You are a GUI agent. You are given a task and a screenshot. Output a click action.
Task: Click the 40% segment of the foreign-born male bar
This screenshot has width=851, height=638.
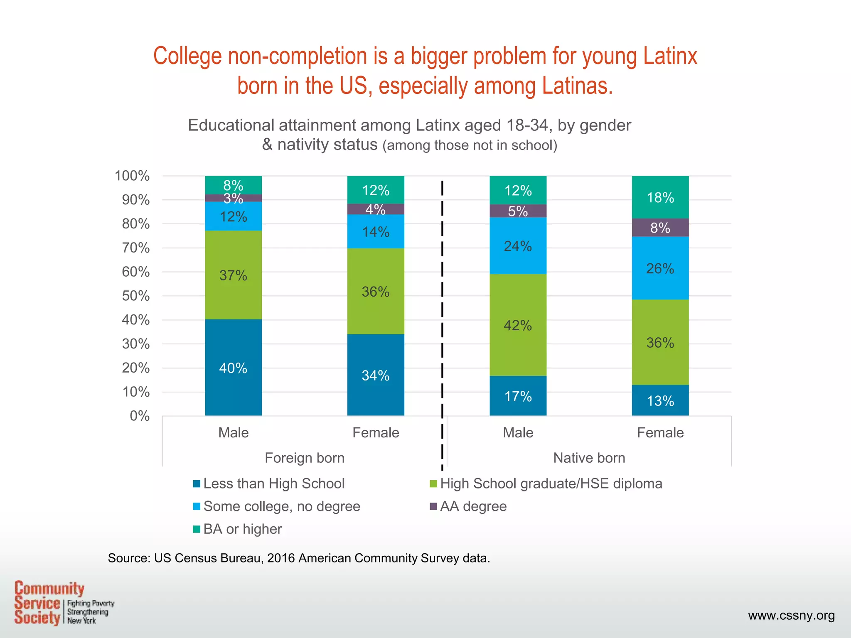point(233,368)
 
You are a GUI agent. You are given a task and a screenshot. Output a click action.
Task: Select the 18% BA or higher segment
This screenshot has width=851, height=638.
point(660,197)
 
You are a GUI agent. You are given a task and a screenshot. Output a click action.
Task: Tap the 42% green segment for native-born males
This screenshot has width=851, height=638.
point(518,325)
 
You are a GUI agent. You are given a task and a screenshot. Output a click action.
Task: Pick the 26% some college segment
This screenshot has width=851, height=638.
point(660,268)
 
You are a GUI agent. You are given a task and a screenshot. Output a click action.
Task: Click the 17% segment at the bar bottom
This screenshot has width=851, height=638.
point(518,396)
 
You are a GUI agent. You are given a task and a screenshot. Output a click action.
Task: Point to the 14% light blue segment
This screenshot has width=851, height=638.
point(375,231)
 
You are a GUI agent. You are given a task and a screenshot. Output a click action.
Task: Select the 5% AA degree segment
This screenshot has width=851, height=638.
point(518,211)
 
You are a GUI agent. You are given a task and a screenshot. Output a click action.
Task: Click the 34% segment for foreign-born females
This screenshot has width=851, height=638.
point(375,375)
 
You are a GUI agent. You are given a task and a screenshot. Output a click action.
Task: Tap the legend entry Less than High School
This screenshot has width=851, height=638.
point(269,483)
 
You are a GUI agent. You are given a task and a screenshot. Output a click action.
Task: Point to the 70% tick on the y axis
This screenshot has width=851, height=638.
point(135,248)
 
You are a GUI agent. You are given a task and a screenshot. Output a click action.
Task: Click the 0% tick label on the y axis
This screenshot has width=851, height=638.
point(140,416)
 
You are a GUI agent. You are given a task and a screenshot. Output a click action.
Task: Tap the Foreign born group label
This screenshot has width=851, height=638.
point(305,458)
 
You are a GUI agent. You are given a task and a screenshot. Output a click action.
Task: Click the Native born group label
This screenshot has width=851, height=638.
point(589,458)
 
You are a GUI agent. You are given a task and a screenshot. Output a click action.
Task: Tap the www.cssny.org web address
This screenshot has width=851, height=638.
point(791,615)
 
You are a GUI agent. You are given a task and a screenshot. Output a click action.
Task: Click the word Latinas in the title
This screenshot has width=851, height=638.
point(577,86)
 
